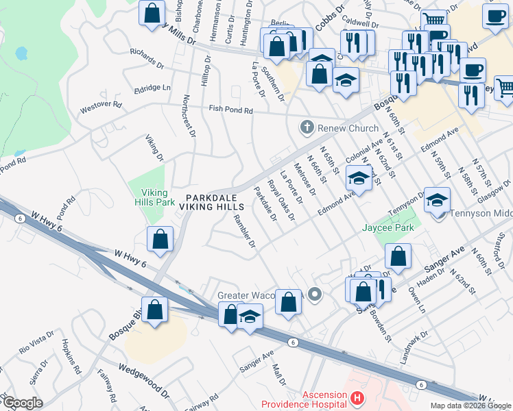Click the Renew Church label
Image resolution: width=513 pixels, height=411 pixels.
tap(348, 128)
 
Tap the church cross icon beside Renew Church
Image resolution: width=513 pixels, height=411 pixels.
tap(307, 127)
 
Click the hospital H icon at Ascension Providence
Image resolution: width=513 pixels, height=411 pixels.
tap(356, 397)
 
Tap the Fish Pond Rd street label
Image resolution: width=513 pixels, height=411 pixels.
tap(231, 110)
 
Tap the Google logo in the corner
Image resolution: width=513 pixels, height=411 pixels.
tap(22, 402)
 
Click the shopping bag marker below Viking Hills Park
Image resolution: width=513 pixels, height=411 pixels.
tap(160, 240)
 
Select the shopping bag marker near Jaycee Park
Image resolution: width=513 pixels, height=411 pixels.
tap(398, 257)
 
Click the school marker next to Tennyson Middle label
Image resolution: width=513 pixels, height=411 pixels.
tap(436, 200)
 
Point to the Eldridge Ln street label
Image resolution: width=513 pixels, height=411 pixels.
tap(152, 88)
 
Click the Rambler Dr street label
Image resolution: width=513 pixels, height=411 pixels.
tap(244, 231)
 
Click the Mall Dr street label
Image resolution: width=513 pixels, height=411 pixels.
tap(278, 374)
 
